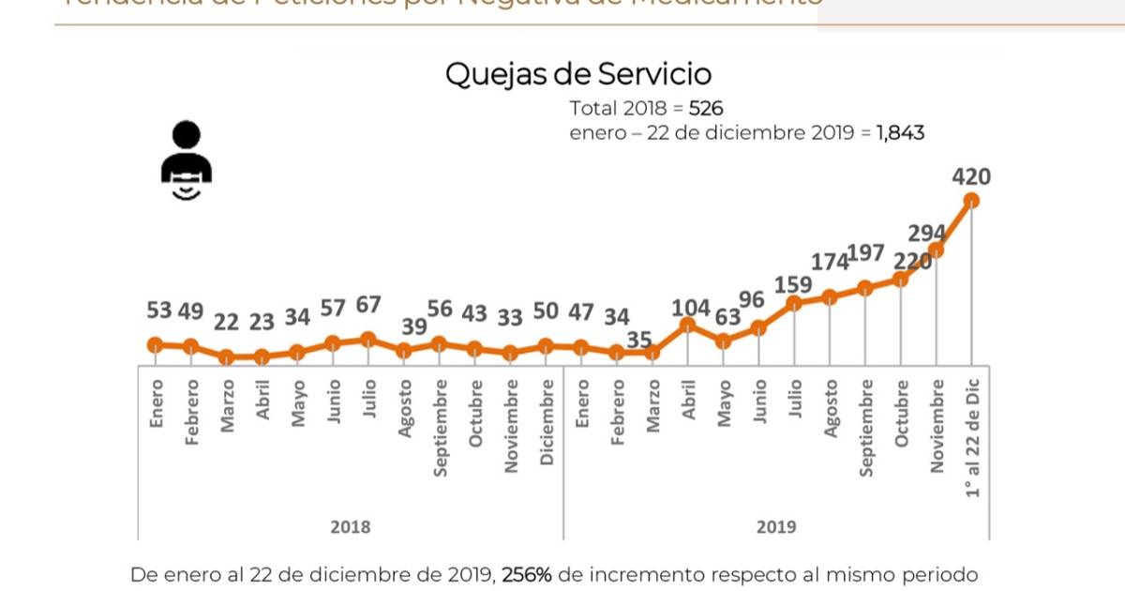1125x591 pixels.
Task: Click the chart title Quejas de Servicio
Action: tap(577, 74)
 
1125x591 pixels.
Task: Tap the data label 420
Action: tap(971, 176)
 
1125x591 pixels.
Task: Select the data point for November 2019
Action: tap(936, 250)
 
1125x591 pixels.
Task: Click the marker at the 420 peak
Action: tap(971, 200)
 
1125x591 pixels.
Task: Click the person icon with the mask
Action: tap(187, 162)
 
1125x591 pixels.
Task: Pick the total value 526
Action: tap(706, 108)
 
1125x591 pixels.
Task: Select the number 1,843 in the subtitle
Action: tap(900, 133)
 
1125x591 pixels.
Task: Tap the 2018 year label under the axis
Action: tap(350, 527)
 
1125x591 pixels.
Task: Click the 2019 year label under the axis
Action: tap(776, 527)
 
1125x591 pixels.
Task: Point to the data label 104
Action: tap(692, 307)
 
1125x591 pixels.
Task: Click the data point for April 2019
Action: tap(687, 325)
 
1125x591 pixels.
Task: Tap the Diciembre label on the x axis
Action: tap(547, 423)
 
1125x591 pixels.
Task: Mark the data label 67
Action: tap(367, 307)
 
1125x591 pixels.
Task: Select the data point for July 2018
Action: tap(367, 339)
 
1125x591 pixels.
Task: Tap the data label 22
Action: tap(227, 321)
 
